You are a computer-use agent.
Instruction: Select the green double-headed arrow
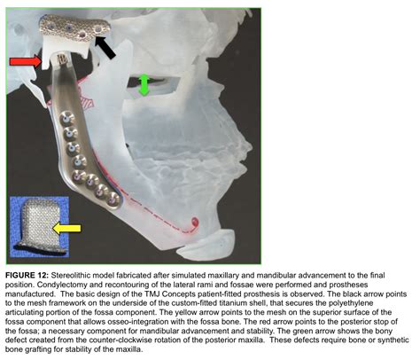coord(144,85)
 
